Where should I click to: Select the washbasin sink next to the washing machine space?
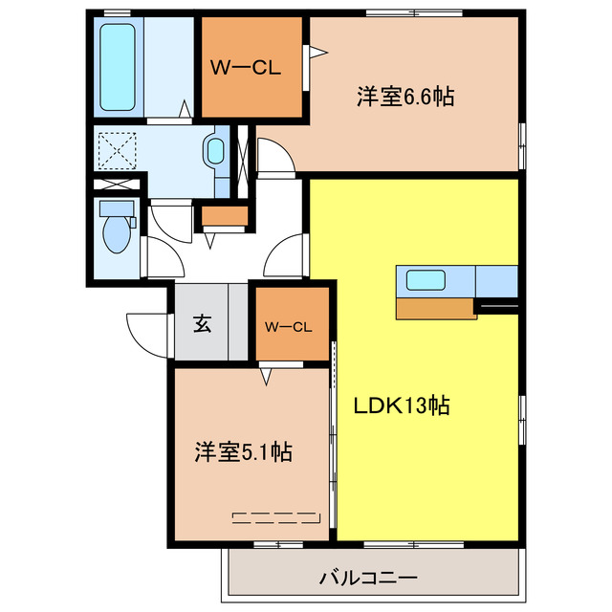215,150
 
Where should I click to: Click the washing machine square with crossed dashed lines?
116,149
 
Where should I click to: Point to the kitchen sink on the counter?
424,280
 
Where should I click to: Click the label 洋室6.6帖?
404,96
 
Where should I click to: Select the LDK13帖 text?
403,404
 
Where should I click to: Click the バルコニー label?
368,578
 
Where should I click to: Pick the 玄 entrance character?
202,323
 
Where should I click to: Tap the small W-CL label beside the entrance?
289,326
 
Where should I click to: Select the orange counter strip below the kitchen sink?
435,308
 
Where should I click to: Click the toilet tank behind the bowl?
116,208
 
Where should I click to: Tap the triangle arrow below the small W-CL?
266,376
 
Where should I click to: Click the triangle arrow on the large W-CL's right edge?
312,55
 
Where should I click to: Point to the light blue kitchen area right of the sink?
496,280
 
